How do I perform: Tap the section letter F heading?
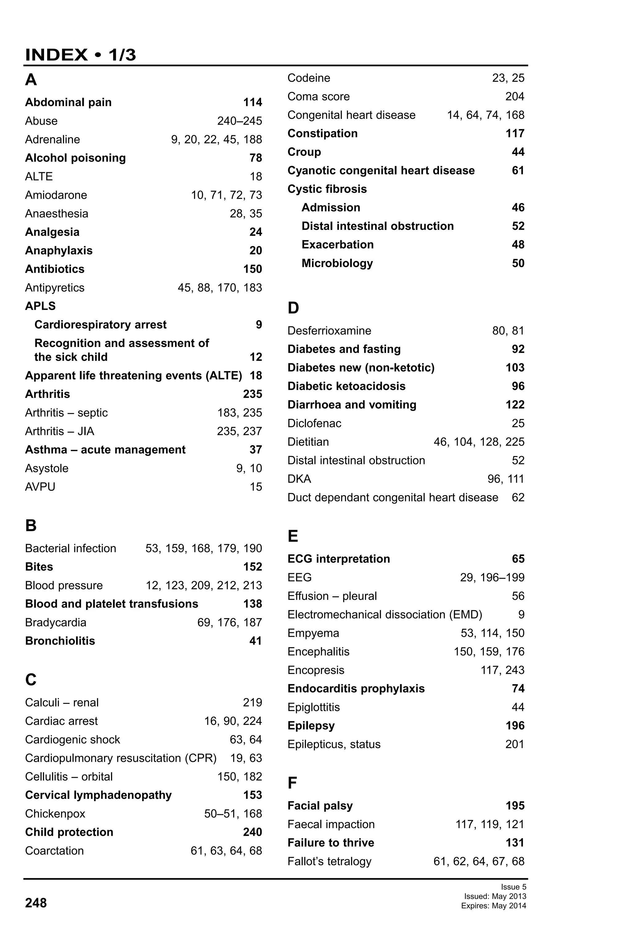tap(292, 783)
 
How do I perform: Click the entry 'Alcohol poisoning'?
tap(75, 158)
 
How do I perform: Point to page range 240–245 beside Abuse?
tap(239, 121)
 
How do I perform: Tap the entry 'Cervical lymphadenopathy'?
tap(98, 795)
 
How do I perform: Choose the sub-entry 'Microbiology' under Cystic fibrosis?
tap(337, 263)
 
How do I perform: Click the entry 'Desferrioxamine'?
tap(329, 331)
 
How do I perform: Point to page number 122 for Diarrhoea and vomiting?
tap(515, 405)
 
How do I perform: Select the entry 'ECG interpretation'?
tap(338, 559)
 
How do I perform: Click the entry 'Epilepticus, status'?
tap(334, 744)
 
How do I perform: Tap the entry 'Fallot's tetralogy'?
tap(329, 861)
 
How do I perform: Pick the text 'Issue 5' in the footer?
tap(513, 887)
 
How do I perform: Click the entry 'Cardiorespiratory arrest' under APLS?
tap(100, 325)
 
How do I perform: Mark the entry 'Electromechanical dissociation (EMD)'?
tap(385, 614)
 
